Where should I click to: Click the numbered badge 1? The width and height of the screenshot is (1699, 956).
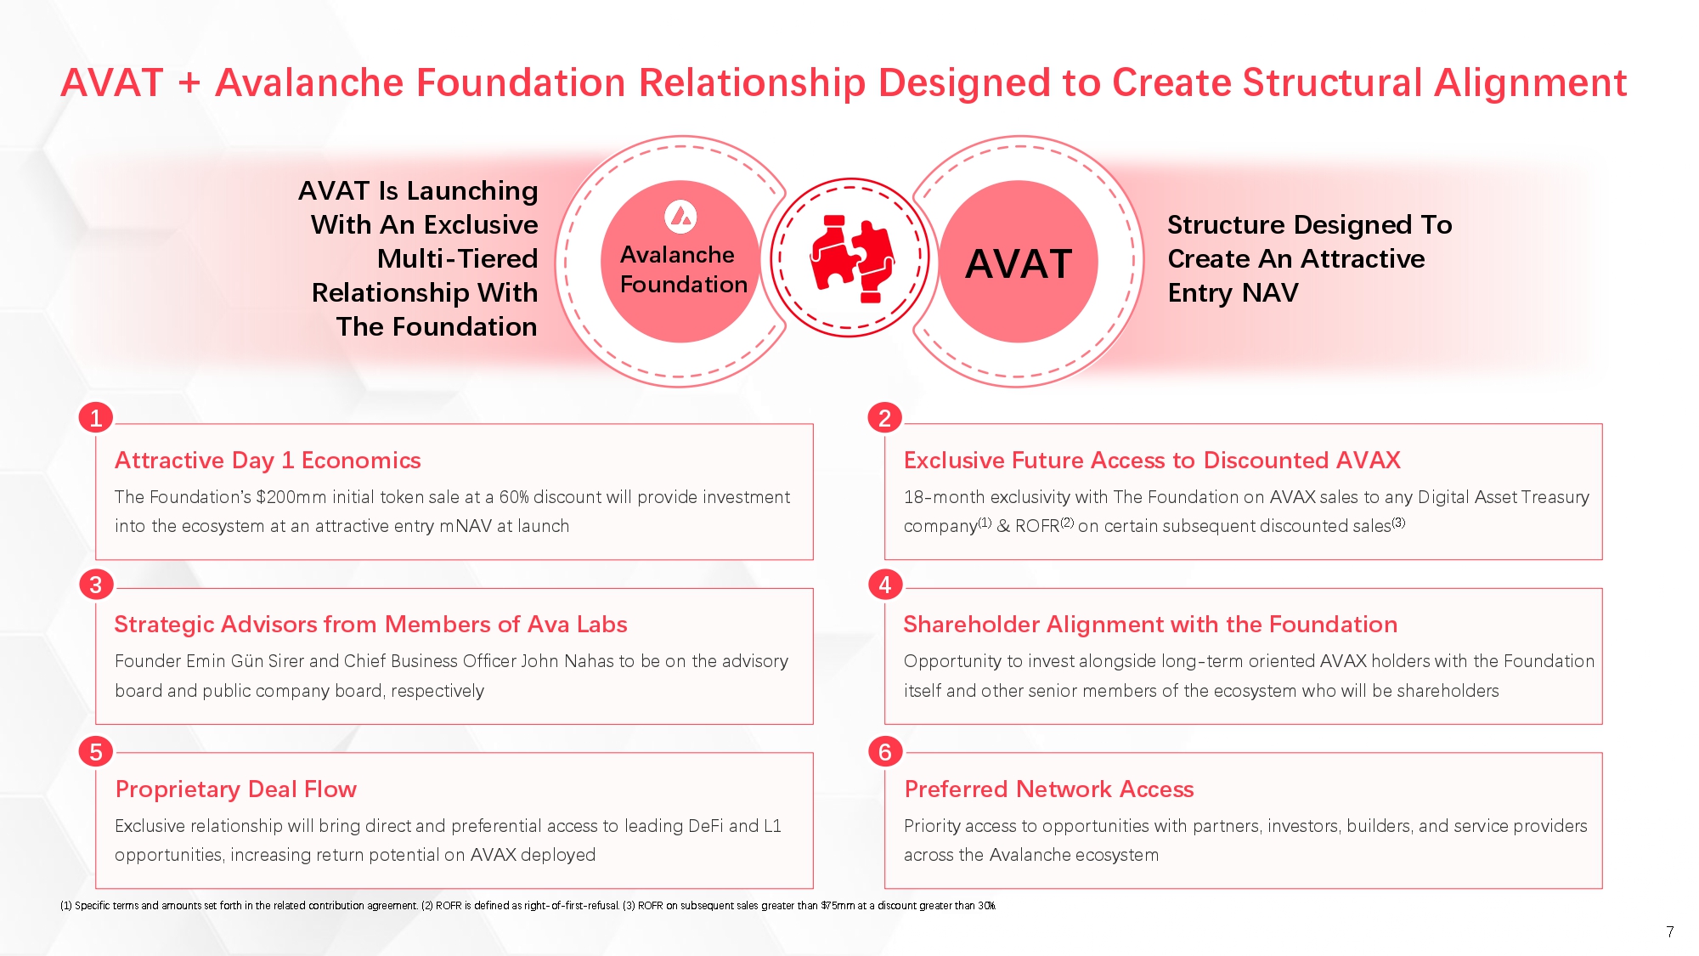coord(96,418)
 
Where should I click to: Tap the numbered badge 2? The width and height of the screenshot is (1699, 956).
coord(884,418)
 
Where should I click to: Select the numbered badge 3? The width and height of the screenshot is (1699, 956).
coord(96,585)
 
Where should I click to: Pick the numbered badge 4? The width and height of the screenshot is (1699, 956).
coord(884,585)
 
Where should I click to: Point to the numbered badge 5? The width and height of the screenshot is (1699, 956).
coord(96,752)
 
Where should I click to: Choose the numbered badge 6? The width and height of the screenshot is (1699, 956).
coord(884,752)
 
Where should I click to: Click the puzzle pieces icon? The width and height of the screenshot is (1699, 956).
coord(850,258)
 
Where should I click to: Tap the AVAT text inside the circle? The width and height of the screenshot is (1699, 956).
coord(1019,263)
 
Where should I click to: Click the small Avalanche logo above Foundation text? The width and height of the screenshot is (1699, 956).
coord(680,217)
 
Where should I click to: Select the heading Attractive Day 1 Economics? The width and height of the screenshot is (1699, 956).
coord(268,461)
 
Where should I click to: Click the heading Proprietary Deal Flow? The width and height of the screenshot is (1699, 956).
coord(235,789)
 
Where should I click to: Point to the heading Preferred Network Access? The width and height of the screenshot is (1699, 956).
coord(1048,789)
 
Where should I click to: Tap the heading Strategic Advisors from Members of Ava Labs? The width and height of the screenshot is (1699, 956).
coord(370,625)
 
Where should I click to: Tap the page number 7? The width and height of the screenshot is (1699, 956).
coord(1669,932)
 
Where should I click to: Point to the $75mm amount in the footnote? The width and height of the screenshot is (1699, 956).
coord(838,906)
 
